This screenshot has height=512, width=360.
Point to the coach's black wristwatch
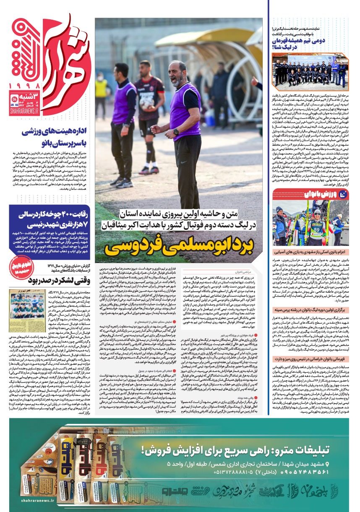tap(176, 132)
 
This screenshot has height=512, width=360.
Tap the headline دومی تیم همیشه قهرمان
tap(301, 43)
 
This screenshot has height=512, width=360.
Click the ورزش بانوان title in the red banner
tap(304, 194)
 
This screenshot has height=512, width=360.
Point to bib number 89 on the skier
tap(318, 230)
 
